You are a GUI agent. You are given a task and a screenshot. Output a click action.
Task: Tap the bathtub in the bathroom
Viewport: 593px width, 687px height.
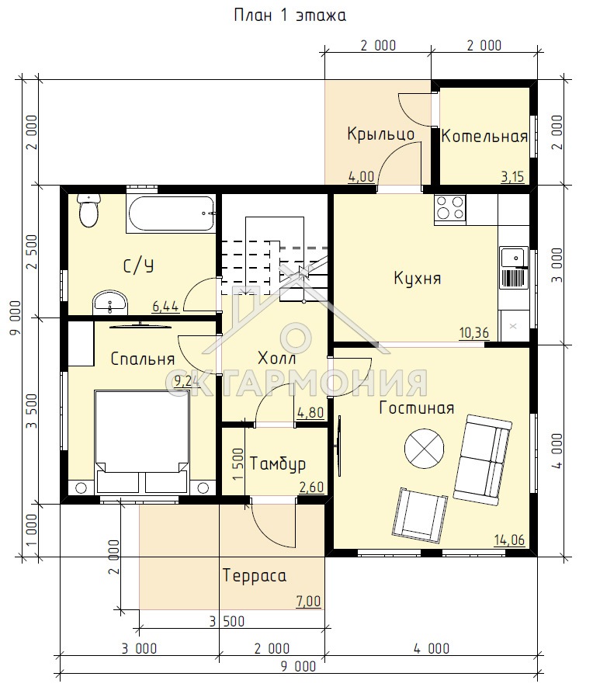click(171, 213)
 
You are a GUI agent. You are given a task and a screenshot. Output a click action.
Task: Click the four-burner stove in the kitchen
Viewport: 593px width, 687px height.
click(450, 209)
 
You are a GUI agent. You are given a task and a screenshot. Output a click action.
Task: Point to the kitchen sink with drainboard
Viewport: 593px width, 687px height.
click(514, 267)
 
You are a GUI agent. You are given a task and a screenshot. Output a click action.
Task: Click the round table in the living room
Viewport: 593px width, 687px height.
click(424, 449)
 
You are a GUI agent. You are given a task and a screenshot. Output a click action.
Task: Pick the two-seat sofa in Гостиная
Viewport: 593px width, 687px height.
click(483, 460)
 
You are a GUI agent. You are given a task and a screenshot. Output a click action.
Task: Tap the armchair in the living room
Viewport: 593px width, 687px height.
click(420, 515)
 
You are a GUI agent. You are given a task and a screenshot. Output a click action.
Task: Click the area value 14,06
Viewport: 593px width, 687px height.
click(509, 540)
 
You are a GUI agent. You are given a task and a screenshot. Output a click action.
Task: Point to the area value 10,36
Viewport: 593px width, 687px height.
click(474, 332)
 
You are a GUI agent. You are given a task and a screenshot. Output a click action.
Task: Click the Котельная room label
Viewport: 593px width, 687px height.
click(484, 137)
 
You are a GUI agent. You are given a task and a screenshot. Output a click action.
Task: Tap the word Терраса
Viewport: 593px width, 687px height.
click(255, 575)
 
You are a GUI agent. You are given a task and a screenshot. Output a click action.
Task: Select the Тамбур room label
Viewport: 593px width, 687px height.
click(278, 463)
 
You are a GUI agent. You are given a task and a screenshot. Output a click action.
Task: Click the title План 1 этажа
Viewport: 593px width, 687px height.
click(290, 16)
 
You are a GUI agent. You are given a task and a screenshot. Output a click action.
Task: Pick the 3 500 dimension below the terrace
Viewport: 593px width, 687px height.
click(227, 621)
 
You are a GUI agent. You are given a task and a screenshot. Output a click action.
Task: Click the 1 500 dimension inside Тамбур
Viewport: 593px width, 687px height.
click(238, 464)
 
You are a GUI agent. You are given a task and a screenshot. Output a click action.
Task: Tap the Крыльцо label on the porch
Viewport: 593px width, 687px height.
click(381, 134)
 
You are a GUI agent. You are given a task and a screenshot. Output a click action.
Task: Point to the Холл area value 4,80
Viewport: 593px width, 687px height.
click(310, 412)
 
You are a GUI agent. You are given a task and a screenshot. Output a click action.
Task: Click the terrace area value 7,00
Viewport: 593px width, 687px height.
click(309, 601)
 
